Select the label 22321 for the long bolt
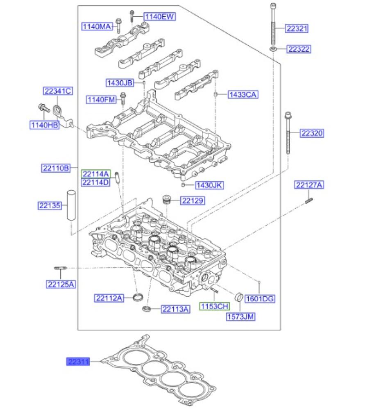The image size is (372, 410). coord(297,28)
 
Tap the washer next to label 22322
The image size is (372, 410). coord(273,49)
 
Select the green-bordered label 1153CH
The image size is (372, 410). coord(214,306)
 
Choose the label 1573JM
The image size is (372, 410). coord(241,316)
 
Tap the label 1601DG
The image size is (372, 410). coord(259,299)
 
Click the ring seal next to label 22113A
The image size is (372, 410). coord(146,308)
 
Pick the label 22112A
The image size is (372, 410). coord(109,298)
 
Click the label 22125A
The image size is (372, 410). coord(60,283)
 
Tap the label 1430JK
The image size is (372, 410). coord(209,185)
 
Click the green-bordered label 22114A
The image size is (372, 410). coord(95,174)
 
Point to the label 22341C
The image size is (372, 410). coord(58,91)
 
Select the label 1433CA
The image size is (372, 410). coord(243,95)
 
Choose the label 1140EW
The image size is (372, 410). coord(159,16)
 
